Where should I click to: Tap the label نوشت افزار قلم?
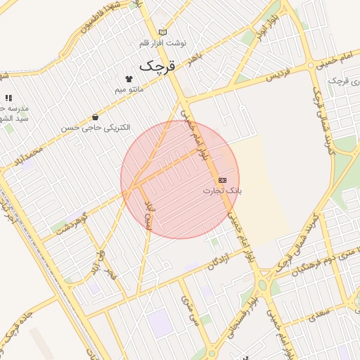(x=163, y=44)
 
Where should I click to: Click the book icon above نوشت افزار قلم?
(x=163, y=32)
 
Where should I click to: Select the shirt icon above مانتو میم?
(x=129, y=79)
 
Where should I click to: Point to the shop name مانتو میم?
(x=129, y=90)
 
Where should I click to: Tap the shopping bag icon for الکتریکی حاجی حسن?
(x=95, y=117)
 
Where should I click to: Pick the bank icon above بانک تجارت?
(x=223, y=180)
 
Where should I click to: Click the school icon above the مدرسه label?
(x=8, y=98)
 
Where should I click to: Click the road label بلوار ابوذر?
(x=263, y=33)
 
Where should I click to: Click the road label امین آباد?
(x=148, y=214)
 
